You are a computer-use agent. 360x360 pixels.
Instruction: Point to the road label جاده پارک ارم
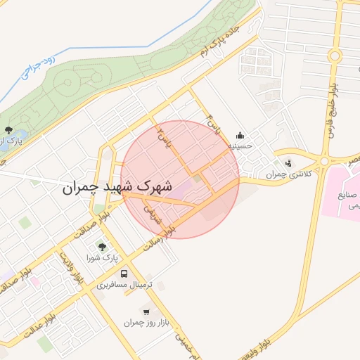tap(228, 42)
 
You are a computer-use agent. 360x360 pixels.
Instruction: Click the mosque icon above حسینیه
tap(240, 136)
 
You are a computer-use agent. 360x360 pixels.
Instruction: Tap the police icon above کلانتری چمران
tap(288, 163)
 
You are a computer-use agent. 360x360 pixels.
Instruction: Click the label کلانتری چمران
tap(288, 174)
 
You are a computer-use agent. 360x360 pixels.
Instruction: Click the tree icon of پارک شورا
tap(102, 247)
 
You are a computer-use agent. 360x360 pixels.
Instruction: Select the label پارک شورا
tap(103, 258)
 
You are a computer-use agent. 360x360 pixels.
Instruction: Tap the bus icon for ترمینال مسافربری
tap(124, 274)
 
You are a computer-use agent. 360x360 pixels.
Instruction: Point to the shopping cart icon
tap(146, 311)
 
